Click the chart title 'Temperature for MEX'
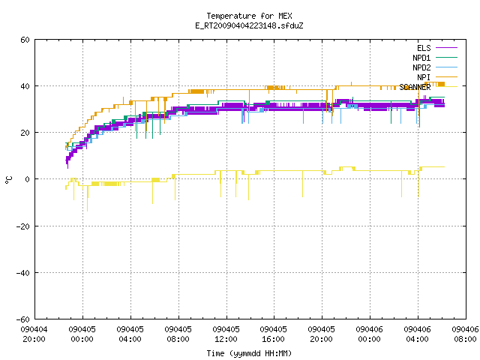click(x=249, y=16)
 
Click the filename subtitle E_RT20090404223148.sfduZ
click(x=249, y=25)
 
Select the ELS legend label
click(x=424, y=48)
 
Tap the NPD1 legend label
click(x=421, y=58)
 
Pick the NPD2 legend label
click(x=421, y=67)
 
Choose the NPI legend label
click(x=424, y=77)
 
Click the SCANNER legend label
click(x=415, y=87)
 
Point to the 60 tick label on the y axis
click(x=25, y=40)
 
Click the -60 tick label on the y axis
click(x=23, y=319)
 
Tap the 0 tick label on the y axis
click(x=28, y=179)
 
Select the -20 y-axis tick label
click(x=23, y=226)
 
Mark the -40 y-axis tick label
click(x=23, y=273)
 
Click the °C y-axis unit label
click(x=8, y=180)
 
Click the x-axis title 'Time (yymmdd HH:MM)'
click(x=249, y=353)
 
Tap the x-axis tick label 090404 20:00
click(x=34, y=334)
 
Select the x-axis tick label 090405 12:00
click(x=226, y=334)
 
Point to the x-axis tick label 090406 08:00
click(x=465, y=334)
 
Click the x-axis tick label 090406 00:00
click(x=369, y=334)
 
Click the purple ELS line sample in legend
click(x=446, y=48)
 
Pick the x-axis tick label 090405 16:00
click(x=273, y=334)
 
